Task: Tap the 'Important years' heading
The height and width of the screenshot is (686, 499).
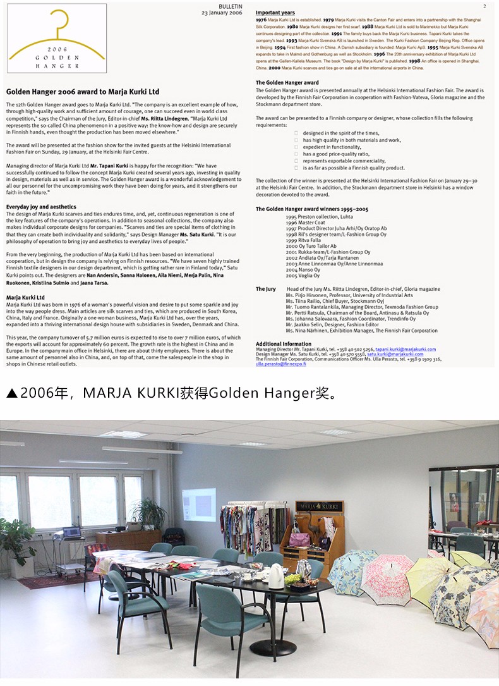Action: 275,13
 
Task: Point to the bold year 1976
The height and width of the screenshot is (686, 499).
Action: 261,20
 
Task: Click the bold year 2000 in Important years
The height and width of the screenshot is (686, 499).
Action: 274,66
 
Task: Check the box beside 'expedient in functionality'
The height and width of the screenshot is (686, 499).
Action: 296,147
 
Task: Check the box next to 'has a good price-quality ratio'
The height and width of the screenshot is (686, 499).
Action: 296,154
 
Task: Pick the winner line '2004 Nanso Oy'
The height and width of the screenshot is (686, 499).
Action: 303,270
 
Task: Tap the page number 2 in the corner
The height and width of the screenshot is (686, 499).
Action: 483,6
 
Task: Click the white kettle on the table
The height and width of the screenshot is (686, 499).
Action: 277,576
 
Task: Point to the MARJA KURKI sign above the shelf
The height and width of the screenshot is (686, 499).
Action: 319,506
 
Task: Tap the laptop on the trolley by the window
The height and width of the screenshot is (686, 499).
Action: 71,532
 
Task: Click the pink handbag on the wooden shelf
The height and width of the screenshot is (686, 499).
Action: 299,539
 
